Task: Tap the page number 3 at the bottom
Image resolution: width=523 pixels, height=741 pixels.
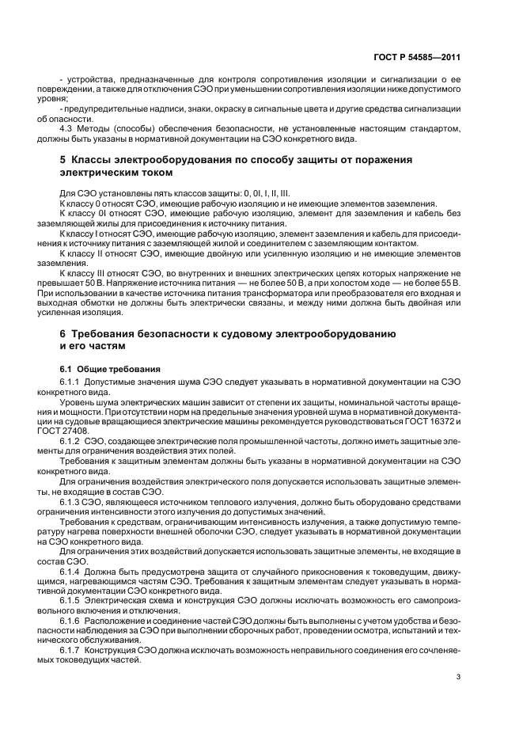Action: click(x=459, y=677)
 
